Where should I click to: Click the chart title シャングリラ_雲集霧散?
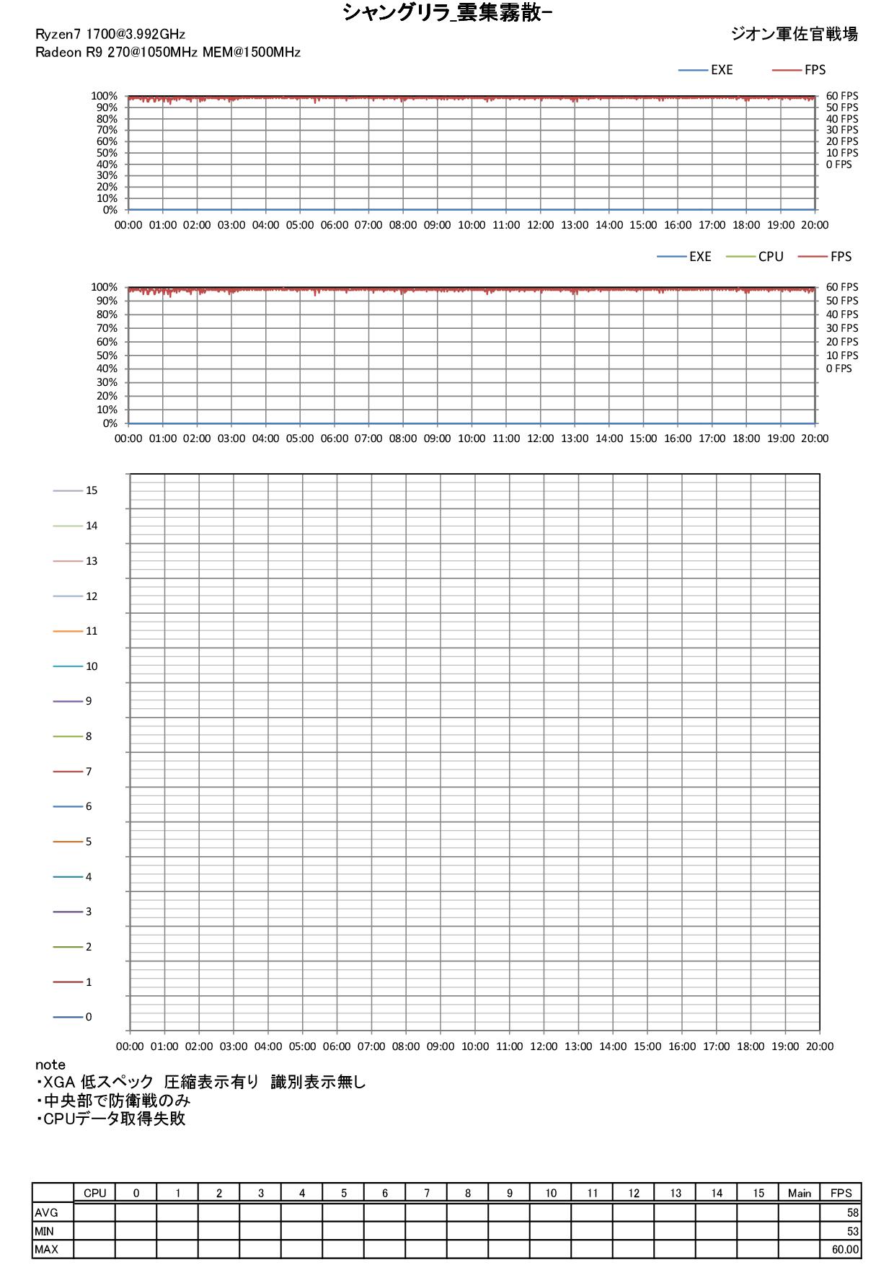pos(447,12)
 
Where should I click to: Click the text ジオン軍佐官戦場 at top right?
pos(794,34)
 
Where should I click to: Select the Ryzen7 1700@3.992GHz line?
pos(110,35)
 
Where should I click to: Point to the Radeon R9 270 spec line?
pos(168,52)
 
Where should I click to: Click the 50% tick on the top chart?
pos(107,153)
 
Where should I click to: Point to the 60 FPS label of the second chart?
pos(842,287)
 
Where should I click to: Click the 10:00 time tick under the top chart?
pos(472,225)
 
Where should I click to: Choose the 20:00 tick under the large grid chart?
pos(820,1046)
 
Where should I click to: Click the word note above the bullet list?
pos(50,1065)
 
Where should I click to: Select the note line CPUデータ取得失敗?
pos(112,1119)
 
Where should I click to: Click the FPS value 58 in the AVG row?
pos(853,1213)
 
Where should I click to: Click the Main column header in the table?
pos(799,1194)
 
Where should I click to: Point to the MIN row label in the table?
pos(45,1231)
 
